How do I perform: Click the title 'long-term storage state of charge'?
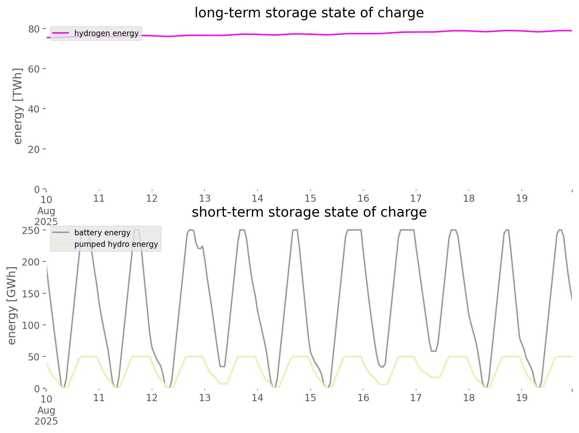point(309,13)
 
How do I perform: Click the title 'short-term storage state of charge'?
point(309,212)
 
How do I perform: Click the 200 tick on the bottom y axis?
point(31,262)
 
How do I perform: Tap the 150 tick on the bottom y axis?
point(31,294)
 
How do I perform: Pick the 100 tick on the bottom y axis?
point(31,325)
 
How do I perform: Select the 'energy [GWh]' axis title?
point(12,306)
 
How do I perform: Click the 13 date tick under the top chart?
point(205,198)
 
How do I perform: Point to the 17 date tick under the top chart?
point(416,198)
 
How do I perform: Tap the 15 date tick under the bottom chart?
point(310,398)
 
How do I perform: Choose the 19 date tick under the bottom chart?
point(522,398)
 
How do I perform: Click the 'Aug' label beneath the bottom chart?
point(46,410)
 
